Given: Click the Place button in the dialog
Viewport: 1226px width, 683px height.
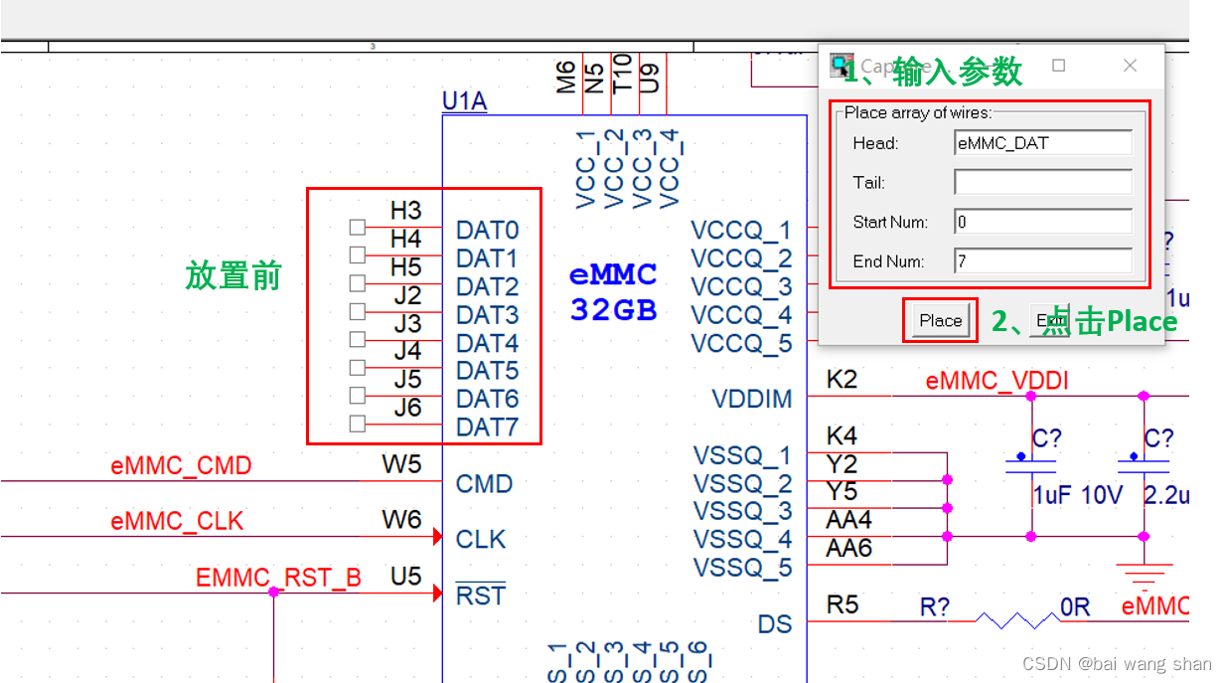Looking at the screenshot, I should tap(940, 320).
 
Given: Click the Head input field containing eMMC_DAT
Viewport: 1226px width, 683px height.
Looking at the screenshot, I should tap(1042, 143).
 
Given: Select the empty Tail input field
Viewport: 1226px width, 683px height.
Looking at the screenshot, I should tap(1042, 182).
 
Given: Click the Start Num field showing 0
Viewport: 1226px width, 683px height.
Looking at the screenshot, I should tap(1042, 222).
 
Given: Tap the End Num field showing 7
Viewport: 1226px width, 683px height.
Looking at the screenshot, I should tap(1042, 261).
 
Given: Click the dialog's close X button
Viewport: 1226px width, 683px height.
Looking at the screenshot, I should tap(1130, 66).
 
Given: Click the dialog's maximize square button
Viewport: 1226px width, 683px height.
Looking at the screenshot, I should tap(1059, 66).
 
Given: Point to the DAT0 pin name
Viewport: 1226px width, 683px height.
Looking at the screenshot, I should tap(487, 231).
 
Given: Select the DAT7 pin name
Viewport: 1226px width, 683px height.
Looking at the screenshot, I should tap(487, 427).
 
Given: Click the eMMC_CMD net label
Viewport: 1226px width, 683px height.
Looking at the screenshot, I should tap(181, 465).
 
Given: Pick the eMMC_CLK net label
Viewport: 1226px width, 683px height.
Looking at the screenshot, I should tap(177, 521).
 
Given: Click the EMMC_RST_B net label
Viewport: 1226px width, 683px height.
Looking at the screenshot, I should tap(278, 578).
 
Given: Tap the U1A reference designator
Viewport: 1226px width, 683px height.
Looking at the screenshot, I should tap(464, 101).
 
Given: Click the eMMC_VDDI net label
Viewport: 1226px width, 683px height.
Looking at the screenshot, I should tap(996, 381).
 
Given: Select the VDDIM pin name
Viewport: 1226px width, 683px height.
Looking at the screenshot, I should tap(752, 400).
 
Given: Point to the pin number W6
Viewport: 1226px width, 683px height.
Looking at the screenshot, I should tap(401, 519).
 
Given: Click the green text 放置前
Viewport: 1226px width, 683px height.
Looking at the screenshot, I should tap(233, 275).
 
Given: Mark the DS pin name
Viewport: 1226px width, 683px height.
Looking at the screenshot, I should tap(775, 624).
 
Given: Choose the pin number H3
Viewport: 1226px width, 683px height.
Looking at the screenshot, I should tap(405, 211).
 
